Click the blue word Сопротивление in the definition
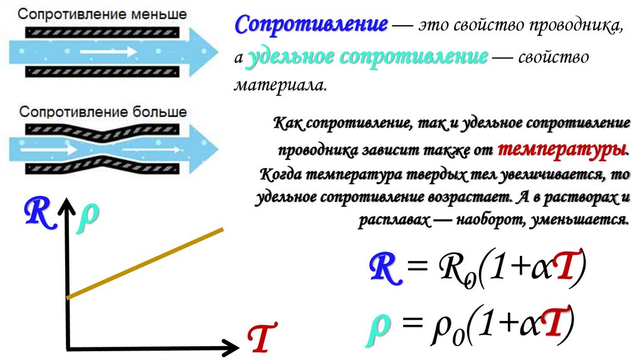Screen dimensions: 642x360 [311, 26]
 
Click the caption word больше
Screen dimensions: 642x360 [160, 112]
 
